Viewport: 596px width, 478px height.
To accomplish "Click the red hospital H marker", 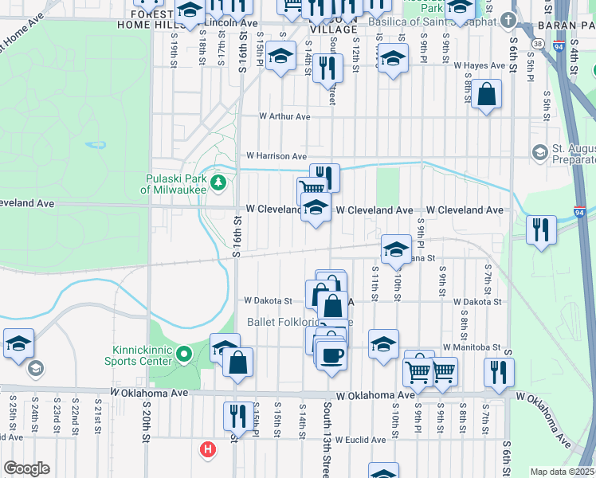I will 208,450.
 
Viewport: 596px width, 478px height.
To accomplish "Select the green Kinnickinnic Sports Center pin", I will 184,352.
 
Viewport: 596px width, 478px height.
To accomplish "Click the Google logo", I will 26,468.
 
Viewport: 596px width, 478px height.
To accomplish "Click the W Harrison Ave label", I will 276,155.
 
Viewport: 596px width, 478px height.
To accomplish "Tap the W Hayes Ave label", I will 486,66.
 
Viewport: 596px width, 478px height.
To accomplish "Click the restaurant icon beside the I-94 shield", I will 542,229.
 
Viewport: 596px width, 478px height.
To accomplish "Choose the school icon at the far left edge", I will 18,343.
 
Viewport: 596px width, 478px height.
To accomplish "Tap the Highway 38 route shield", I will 540,44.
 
